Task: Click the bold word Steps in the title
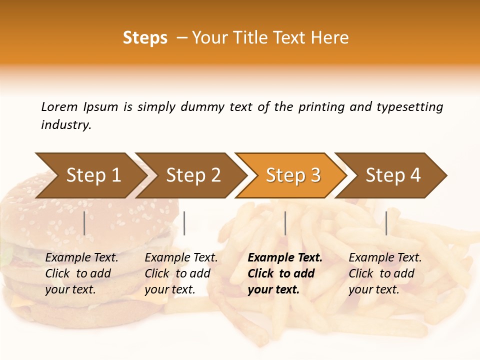coord(145,38)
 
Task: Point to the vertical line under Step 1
coord(84,223)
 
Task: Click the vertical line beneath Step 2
coord(184,223)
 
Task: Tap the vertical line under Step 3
coord(285,223)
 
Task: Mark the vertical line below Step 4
coord(386,223)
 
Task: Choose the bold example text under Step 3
coord(284,273)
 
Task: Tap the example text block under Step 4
coord(384,273)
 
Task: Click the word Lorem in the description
coord(59,107)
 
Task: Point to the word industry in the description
coord(66,125)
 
